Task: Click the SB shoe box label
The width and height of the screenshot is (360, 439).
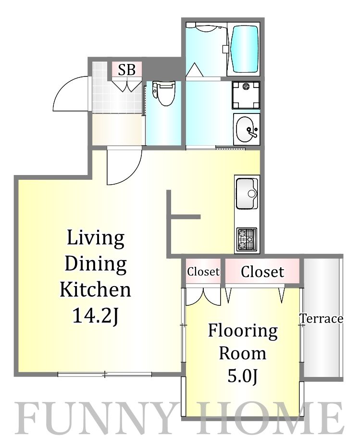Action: click(x=127, y=69)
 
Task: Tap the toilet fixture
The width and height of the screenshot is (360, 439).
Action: click(x=164, y=93)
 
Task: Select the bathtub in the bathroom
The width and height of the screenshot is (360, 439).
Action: click(x=244, y=49)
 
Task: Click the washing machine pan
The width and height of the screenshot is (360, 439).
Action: click(x=246, y=95)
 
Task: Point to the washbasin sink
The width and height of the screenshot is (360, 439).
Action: click(x=247, y=129)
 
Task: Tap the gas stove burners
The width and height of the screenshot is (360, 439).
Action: click(x=247, y=239)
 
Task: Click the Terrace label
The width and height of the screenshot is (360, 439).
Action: click(x=322, y=319)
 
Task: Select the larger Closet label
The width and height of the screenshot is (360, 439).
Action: click(x=262, y=272)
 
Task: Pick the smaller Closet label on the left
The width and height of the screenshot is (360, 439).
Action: click(x=203, y=272)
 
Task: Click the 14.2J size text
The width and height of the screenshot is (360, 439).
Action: click(x=96, y=316)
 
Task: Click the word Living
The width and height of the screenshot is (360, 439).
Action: click(x=96, y=238)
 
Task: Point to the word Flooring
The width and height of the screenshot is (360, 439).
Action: click(x=243, y=331)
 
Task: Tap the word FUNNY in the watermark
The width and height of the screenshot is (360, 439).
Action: click(x=92, y=418)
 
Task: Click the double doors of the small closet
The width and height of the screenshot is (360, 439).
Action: click(x=203, y=297)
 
